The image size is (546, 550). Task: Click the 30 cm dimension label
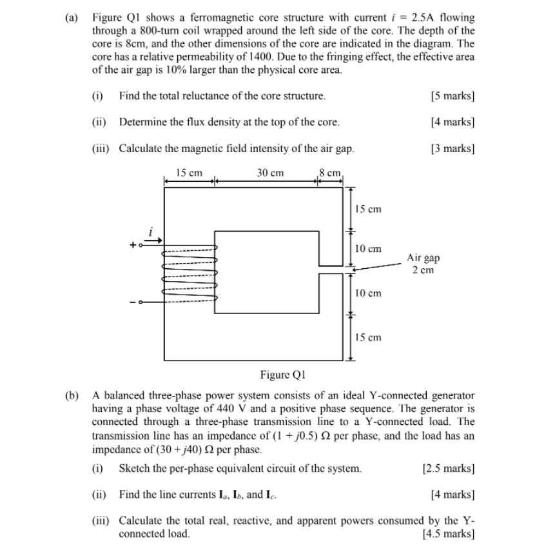click(x=270, y=173)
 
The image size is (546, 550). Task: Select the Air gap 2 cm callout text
click(x=423, y=263)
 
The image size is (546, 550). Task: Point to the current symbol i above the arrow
click(x=151, y=231)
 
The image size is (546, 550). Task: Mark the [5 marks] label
click(x=452, y=96)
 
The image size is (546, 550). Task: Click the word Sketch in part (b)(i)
click(x=135, y=468)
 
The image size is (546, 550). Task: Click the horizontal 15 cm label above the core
click(x=189, y=173)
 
